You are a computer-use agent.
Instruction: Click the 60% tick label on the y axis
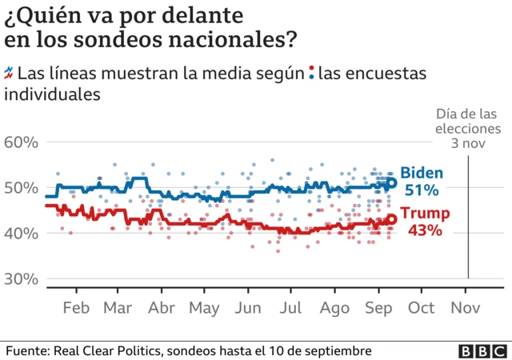point(22,142)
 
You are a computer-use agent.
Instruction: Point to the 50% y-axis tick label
point(22,188)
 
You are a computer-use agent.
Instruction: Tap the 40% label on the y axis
point(22,234)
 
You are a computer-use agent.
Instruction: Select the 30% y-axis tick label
point(22,279)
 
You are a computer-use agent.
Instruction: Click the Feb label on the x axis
point(75,308)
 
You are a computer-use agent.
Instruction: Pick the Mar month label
point(118,308)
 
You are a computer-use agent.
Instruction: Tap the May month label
point(205,308)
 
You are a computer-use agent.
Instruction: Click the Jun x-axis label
point(249,308)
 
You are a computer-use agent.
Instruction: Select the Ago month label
point(334,308)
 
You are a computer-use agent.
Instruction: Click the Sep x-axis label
point(378,308)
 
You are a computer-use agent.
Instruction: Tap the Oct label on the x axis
point(422,308)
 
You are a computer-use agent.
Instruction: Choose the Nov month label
point(466,308)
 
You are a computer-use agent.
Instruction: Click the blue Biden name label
point(422,173)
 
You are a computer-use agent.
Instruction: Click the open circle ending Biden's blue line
point(392,182)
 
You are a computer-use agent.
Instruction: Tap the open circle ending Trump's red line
point(392,219)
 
